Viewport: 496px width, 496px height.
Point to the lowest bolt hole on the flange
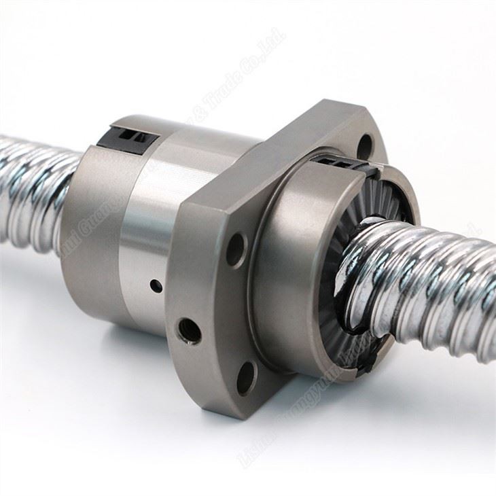(x=246, y=378)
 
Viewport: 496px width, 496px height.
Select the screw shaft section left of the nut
(x=34, y=190)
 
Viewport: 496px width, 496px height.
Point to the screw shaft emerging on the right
(x=435, y=285)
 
